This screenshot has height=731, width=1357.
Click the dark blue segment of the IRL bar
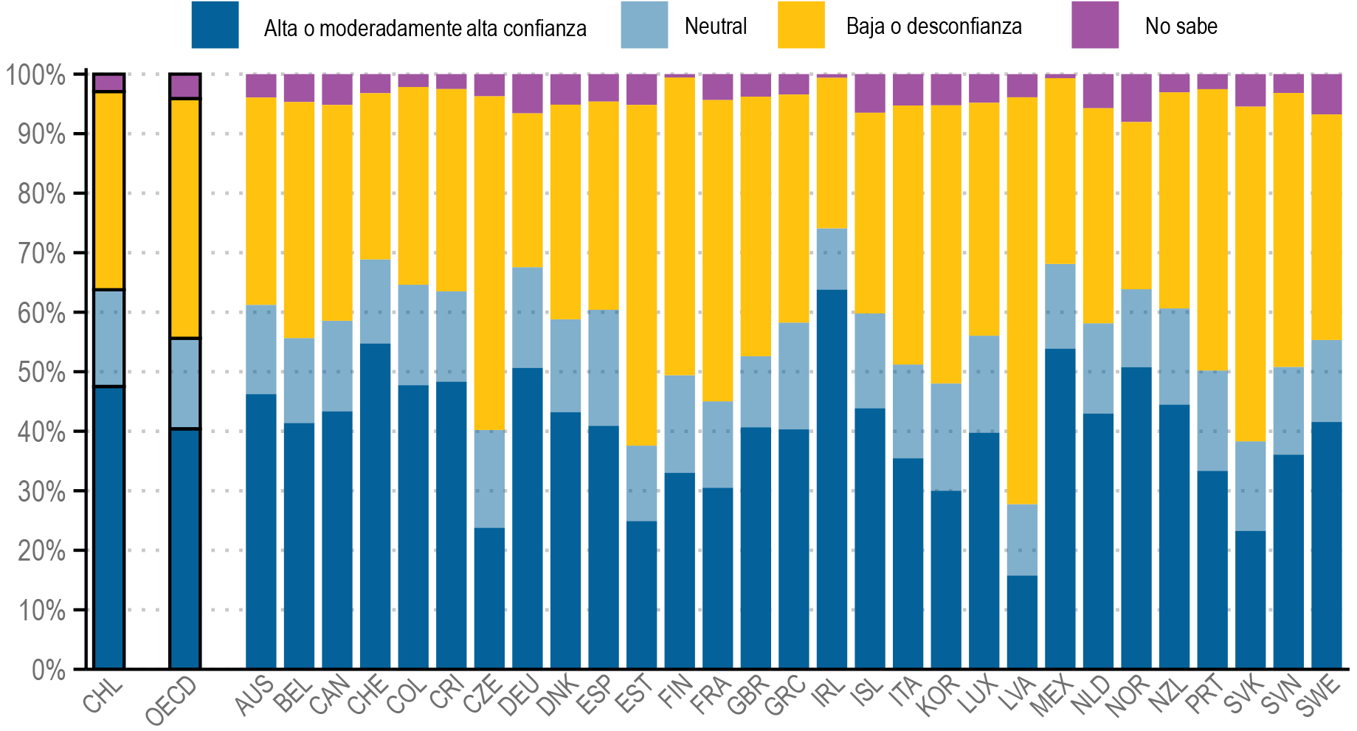tap(832, 479)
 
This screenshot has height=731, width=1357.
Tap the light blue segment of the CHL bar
tap(109, 338)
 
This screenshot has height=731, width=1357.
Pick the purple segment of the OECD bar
tap(184, 86)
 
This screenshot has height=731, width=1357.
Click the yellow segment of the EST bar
tap(641, 274)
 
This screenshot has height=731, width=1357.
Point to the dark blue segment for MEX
tap(1060, 509)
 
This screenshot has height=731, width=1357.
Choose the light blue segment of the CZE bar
tap(489, 479)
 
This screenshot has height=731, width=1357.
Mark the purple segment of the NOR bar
tap(1136, 97)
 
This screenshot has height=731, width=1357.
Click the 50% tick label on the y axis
tap(41, 373)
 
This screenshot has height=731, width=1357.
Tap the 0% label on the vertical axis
tap(49, 670)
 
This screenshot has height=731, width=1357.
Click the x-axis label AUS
tap(255, 696)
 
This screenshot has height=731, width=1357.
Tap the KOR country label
tap(938, 696)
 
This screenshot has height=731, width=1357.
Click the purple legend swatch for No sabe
tap(1094, 25)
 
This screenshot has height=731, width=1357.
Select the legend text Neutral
tap(715, 27)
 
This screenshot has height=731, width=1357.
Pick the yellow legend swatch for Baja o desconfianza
tap(801, 25)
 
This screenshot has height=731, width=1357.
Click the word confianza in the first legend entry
tap(545, 29)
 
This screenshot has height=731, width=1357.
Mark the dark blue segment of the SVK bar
tap(1250, 600)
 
